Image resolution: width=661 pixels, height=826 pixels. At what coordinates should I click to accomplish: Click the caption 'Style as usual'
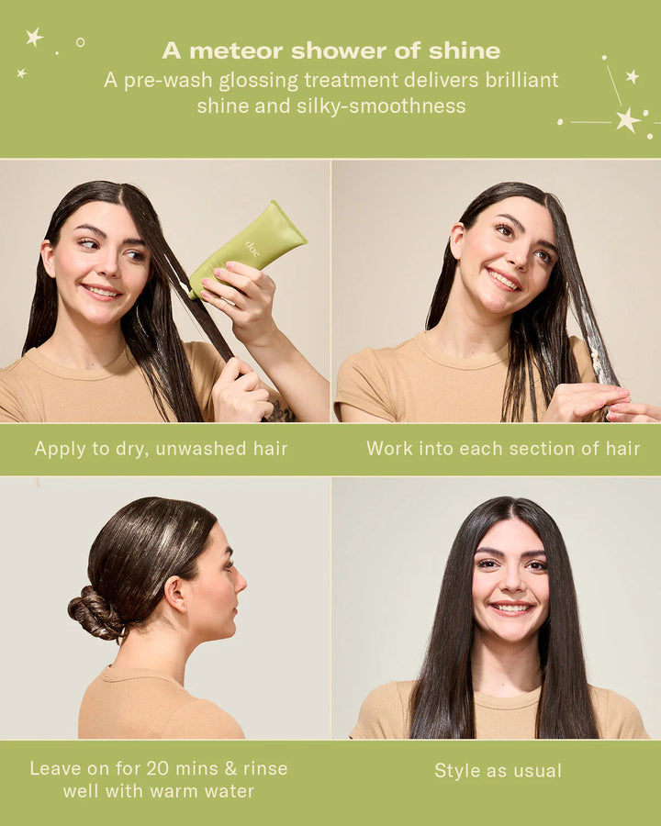click(498, 770)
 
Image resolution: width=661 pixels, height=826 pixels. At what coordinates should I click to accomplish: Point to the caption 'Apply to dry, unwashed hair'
click(162, 449)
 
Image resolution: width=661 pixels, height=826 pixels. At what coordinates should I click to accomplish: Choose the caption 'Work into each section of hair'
click(503, 449)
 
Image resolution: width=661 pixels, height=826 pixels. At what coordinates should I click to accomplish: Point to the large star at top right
click(628, 119)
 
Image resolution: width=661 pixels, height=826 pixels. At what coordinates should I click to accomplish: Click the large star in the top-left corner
click(34, 37)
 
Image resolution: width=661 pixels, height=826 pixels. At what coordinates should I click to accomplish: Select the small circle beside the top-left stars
click(80, 42)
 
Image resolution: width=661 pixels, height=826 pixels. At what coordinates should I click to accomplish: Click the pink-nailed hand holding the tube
click(241, 298)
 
